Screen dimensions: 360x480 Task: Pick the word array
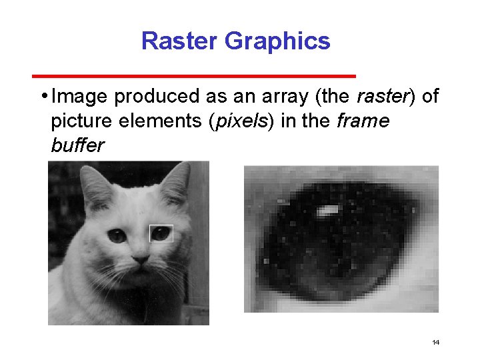tap(281, 97)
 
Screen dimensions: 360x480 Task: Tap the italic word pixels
tap(239, 122)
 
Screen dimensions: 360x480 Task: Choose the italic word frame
tap(363, 122)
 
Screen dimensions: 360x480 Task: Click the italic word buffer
tap(77, 146)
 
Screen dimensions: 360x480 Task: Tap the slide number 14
tap(435, 343)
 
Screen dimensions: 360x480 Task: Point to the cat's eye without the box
tap(117, 235)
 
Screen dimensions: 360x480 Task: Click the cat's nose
tap(140, 257)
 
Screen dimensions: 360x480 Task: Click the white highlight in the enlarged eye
tap(327, 211)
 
